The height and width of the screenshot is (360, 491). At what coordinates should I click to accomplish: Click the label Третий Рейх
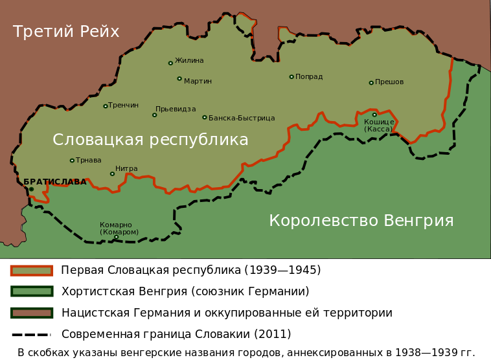(x=66, y=32)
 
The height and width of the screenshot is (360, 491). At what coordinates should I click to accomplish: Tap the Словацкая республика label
(x=150, y=140)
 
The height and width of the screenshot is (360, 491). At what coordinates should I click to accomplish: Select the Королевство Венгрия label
(x=361, y=221)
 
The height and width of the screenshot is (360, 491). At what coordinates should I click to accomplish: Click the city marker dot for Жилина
(x=170, y=63)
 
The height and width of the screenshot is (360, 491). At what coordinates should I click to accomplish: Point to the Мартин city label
(x=198, y=82)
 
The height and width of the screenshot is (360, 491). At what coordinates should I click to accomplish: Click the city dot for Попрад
(x=291, y=77)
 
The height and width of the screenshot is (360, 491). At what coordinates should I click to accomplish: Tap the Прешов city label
(x=389, y=82)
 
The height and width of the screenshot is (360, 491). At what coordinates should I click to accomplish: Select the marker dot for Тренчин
(x=106, y=106)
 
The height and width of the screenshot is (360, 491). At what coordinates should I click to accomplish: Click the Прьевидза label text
(x=176, y=109)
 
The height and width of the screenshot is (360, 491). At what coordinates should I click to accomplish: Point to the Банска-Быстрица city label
(x=242, y=118)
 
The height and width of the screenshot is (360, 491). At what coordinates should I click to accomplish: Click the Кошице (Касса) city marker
(x=374, y=115)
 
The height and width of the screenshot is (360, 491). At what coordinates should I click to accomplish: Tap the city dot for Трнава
(x=72, y=161)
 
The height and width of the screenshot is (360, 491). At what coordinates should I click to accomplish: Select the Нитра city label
(x=126, y=169)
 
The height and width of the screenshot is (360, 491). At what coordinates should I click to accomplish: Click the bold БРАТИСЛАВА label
(x=55, y=182)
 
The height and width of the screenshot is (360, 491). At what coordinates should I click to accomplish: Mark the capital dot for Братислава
(x=31, y=189)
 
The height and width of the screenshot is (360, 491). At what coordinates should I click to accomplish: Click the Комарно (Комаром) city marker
(x=117, y=237)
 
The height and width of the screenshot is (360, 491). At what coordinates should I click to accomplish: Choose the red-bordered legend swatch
(x=32, y=271)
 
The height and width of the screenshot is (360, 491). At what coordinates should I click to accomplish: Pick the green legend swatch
(x=32, y=291)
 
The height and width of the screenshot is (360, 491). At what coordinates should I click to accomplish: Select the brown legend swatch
(x=32, y=313)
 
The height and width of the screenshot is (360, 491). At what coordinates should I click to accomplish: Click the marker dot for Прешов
(x=371, y=83)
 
